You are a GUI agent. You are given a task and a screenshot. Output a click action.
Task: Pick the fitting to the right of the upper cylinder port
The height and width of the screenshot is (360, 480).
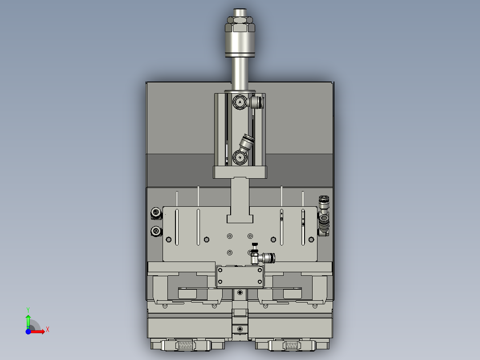coord(256,103)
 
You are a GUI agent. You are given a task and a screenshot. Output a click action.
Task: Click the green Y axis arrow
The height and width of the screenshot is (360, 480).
coord(28,319)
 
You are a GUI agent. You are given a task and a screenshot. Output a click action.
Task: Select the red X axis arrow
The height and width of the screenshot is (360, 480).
coord(39,331)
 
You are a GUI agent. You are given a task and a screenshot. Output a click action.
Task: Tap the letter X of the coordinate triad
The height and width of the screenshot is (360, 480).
coord(47,329)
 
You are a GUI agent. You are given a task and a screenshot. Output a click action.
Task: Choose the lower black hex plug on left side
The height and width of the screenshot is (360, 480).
coord(156,231)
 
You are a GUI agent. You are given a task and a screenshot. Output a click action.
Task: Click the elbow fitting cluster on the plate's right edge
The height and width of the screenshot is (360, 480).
coord(324,216)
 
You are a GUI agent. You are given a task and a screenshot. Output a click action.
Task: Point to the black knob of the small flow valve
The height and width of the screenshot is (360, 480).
coord(254,245)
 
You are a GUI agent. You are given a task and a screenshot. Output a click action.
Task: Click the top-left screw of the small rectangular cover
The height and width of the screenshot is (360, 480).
coord(220,270)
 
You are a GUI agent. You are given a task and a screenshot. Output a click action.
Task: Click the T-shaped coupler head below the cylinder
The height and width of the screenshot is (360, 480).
coord(240,219)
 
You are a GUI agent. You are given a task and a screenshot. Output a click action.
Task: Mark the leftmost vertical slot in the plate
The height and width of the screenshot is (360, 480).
coord(177,227)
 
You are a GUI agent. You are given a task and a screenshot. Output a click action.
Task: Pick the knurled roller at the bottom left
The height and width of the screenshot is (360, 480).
coord(186,345)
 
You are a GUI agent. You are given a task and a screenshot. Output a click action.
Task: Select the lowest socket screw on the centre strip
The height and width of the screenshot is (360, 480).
coord(240,329)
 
